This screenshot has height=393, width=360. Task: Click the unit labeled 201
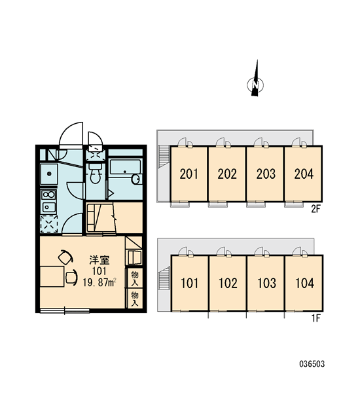pos(189,174)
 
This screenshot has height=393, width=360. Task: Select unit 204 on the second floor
pos(304,174)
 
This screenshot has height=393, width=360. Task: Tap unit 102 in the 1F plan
pos(228,283)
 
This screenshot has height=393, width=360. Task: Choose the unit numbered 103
pos(266,283)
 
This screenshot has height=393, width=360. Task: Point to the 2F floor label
pos(316,209)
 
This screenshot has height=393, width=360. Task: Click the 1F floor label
pos(316,318)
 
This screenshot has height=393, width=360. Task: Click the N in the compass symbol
pos(255,85)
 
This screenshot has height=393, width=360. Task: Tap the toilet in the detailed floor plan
pos(94,173)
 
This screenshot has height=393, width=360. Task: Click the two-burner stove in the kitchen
pos(49,195)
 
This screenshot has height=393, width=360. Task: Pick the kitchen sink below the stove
pos(49,207)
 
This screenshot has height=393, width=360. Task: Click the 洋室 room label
pos(99,260)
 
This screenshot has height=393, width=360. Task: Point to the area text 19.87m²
pos(99,282)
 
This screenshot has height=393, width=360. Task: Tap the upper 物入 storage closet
pos(135,278)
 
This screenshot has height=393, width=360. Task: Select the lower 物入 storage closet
pos(135,299)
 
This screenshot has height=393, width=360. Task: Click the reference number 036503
pos(312,364)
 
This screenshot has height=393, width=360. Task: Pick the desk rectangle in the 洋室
pos(52,276)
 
